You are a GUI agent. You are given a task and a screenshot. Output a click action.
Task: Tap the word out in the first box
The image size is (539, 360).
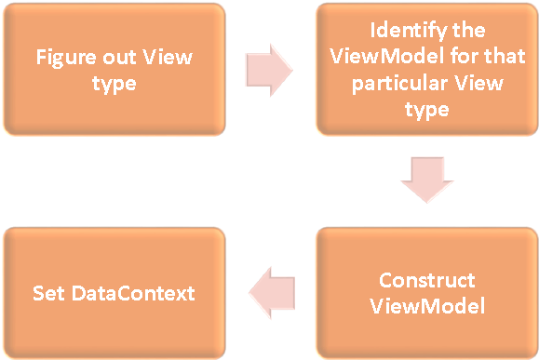click(118, 58)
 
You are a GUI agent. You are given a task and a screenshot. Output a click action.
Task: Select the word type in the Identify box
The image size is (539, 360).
click(427, 110)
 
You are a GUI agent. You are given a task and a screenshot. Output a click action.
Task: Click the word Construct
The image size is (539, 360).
click(427, 280)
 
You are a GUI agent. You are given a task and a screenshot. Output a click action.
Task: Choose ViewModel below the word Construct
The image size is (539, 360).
click(427, 305)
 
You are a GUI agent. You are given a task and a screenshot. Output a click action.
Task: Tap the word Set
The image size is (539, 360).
click(47, 293)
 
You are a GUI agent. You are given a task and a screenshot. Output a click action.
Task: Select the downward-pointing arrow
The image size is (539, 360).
click(428, 180)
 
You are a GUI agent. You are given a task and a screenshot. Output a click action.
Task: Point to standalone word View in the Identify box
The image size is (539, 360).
click(482, 83)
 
